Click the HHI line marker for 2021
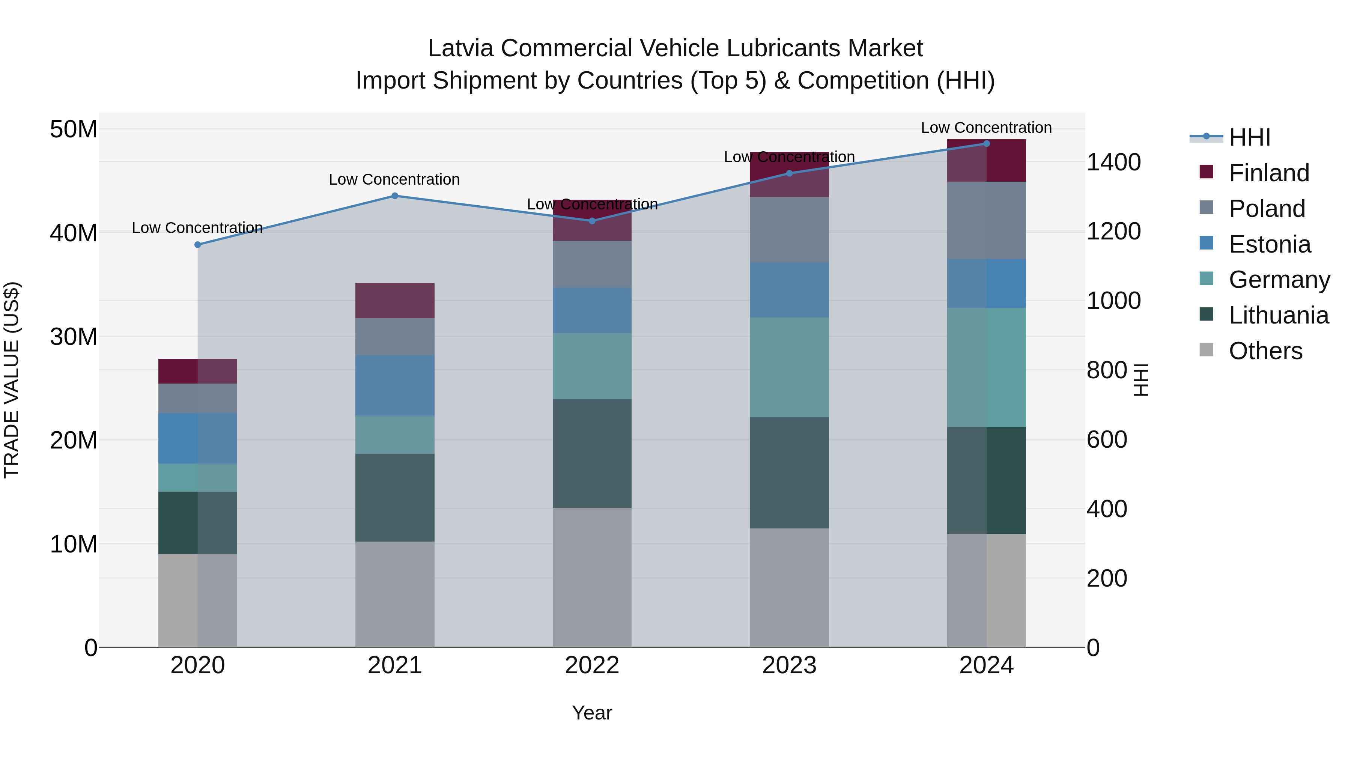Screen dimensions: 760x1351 (395, 196)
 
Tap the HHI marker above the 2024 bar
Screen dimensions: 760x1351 (986, 143)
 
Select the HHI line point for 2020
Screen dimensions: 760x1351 (198, 244)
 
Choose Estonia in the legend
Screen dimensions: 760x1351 (1269, 244)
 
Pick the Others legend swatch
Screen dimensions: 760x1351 (1206, 350)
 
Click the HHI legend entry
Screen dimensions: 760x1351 (1249, 137)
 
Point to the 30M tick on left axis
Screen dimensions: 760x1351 (74, 336)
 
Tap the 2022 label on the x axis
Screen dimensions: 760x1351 (591, 665)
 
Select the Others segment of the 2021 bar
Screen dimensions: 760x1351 (395, 594)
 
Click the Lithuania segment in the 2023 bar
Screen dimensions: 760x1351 (789, 472)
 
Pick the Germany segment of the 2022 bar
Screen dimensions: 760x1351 (591, 366)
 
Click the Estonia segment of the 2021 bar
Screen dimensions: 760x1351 (395, 385)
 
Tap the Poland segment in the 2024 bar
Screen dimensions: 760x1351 (986, 220)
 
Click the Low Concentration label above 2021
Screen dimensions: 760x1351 (394, 179)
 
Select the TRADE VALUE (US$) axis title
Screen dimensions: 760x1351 (12, 380)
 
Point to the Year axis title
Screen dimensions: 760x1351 (591, 713)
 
